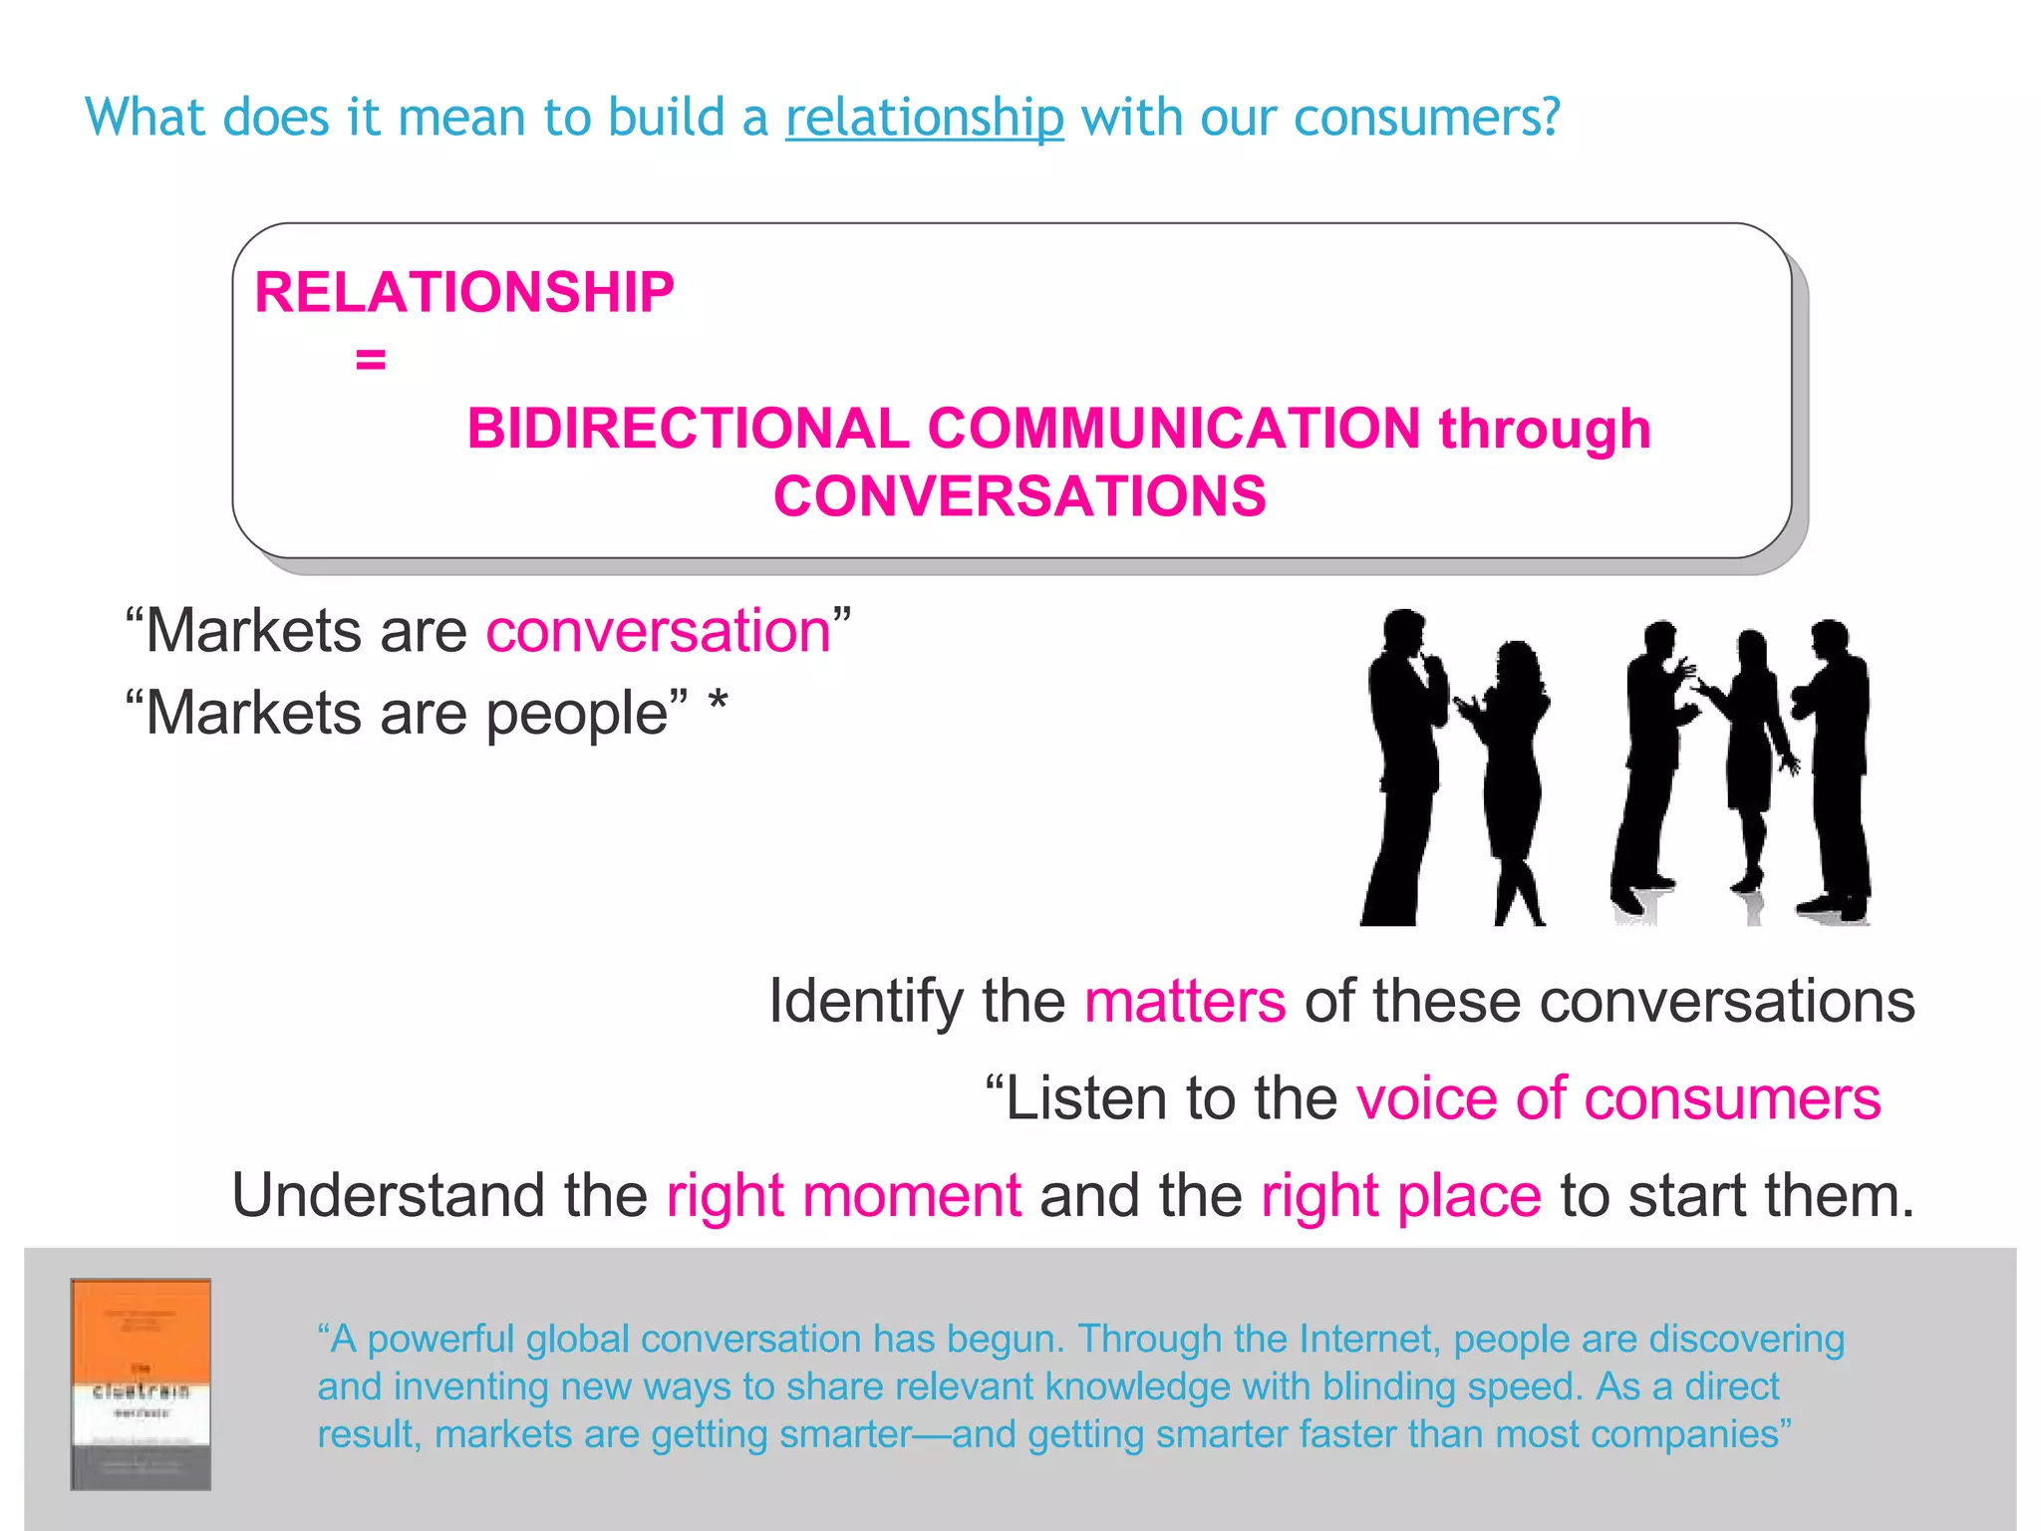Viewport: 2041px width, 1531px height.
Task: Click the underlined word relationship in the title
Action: tap(924, 119)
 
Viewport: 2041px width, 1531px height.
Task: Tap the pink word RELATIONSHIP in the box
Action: tap(464, 293)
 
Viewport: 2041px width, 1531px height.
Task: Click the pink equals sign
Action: tap(371, 360)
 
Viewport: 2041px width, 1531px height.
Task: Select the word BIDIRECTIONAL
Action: tap(688, 430)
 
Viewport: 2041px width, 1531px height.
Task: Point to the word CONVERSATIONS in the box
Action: tap(1020, 496)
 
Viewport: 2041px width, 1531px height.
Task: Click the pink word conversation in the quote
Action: tap(659, 632)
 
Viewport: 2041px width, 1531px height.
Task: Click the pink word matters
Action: tap(1185, 1002)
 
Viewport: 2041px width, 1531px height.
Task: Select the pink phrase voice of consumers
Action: tap(1618, 1099)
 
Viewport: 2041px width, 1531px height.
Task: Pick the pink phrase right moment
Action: tap(843, 1196)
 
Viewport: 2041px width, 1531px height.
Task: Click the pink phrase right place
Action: tap(1400, 1196)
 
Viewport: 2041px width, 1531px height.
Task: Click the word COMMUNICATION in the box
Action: tap(1174, 430)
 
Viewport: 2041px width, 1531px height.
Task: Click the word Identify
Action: tap(866, 1002)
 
